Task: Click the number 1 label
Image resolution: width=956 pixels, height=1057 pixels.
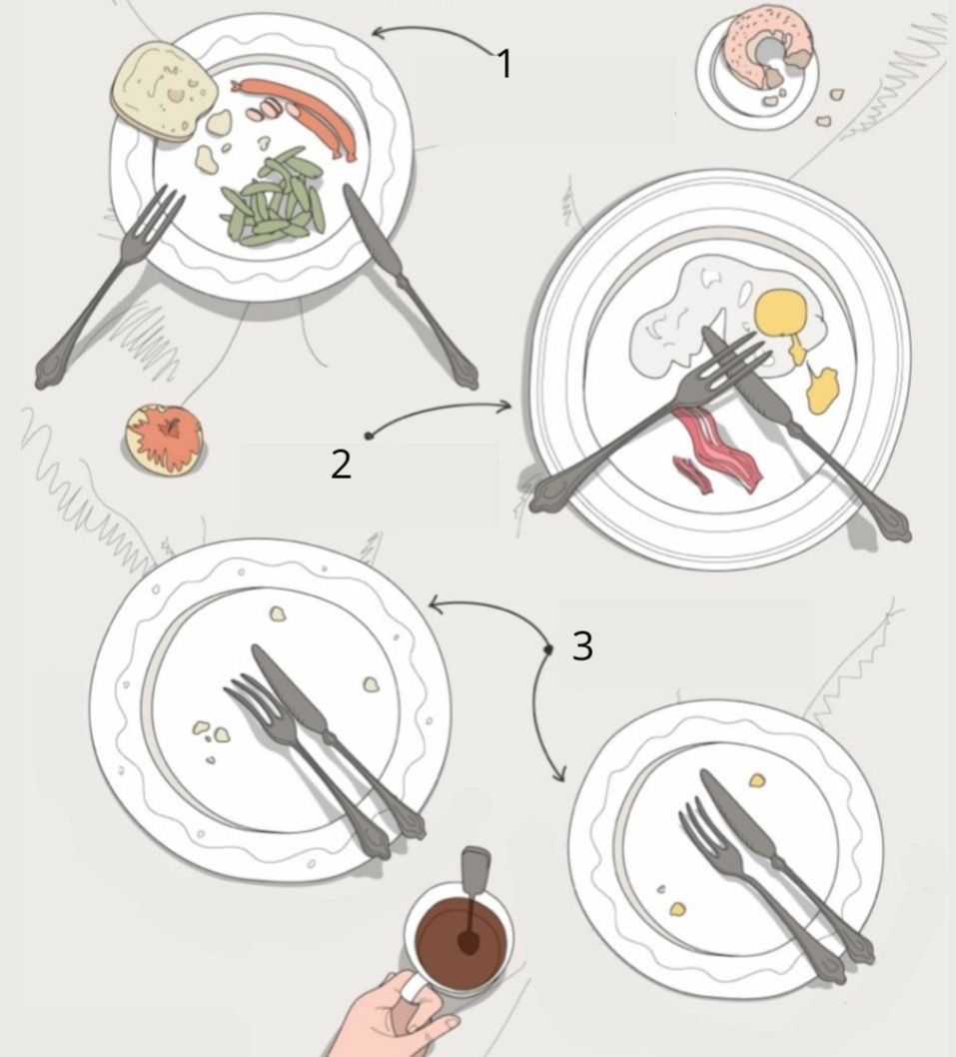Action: [504, 64]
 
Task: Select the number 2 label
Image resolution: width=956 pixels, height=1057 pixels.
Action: [341, 465]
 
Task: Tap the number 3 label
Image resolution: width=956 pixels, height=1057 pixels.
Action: [582, 645]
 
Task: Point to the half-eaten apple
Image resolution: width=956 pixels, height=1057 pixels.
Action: [164, 439]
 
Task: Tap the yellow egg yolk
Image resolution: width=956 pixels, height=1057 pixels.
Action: [781, 312]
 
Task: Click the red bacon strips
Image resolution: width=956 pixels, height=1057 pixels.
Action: [717, 450]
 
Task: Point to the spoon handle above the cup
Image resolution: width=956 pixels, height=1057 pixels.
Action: [476, 869]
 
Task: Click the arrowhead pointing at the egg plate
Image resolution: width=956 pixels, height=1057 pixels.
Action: [503, 406]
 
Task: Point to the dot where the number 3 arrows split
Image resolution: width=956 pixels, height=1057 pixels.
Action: [548, 649]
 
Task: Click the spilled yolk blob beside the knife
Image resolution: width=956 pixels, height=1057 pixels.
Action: [822, 391]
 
